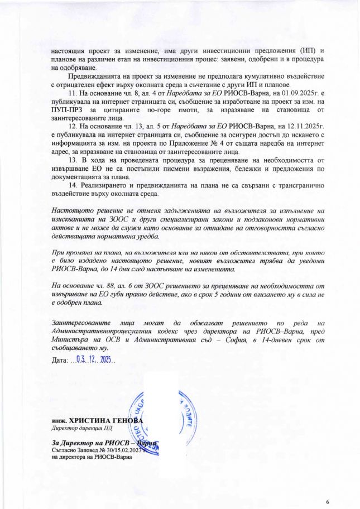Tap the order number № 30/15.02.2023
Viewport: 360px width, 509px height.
(121, 450)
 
